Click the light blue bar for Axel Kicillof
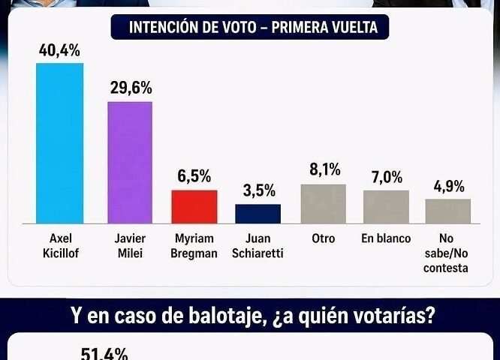[60, 142]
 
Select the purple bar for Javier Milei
[130, 162]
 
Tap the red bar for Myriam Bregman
[194, 206]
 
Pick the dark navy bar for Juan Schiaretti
[258, 214]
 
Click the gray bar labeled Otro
[323, 203]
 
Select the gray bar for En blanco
[386, 206]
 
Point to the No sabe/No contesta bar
[447, 211]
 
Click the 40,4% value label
[59, 51]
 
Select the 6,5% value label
[194, 178]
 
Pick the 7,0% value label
[386, 178]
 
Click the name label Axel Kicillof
[59, 246]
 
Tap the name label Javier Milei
[130, 246]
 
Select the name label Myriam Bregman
[194, 246]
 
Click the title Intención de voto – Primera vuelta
[253, 28]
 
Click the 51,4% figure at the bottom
[104, 353]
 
